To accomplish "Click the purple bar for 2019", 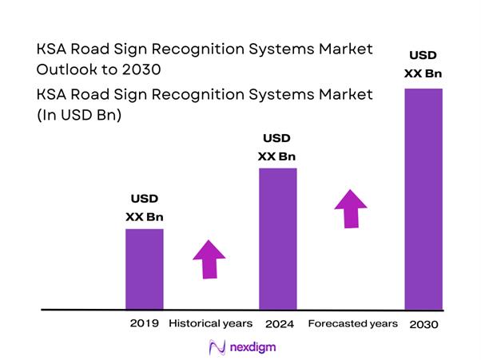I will coord(145,268).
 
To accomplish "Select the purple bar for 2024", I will coord(278,238).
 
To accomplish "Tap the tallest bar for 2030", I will coord(423,198).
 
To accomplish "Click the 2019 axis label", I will coord(144,324).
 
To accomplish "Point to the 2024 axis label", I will coord(279,324).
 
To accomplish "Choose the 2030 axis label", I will coord(423,325).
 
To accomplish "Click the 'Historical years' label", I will coord(211,324).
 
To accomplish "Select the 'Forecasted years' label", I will coord(352,324).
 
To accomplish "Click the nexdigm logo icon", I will coord(216,346).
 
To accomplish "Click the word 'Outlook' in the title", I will coord(67,69).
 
